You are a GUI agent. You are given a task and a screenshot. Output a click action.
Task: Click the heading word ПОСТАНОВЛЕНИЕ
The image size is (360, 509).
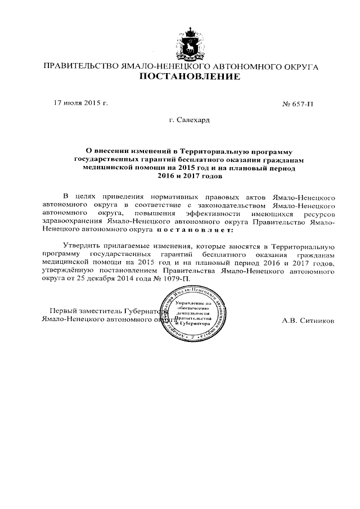pos(181,76)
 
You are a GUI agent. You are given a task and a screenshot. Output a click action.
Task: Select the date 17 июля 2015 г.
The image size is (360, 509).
pos(80,103)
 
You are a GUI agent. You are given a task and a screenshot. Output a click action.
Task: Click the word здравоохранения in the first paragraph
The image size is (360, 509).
pos(72,222)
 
